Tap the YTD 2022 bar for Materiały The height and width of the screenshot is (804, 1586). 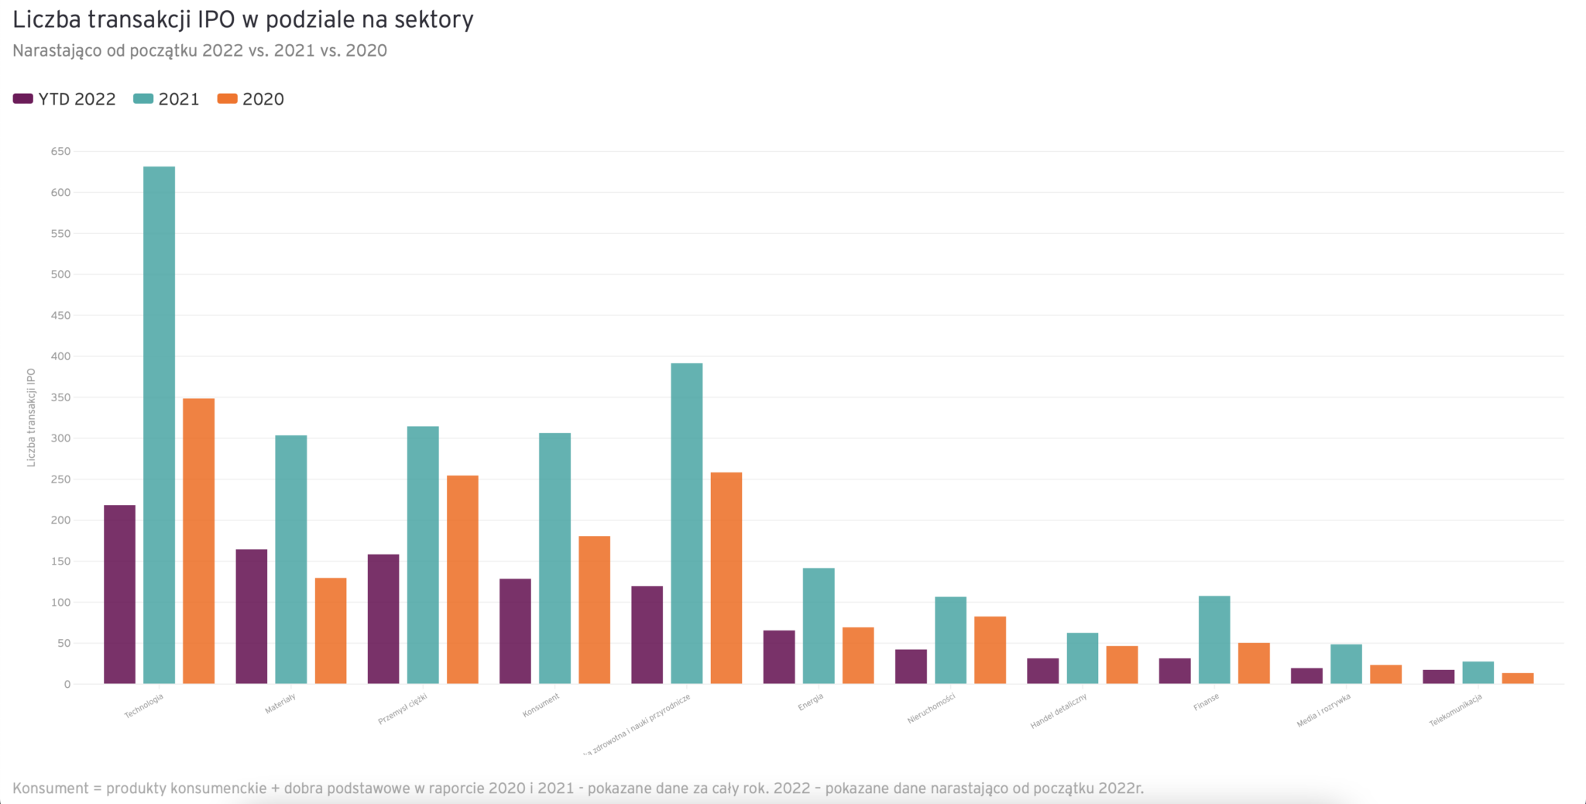tap(251, 617)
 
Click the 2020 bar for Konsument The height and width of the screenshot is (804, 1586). tap(594, 610)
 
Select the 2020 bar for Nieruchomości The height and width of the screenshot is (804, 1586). tap(990, 650)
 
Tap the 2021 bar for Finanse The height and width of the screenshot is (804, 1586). tap(1214, 640)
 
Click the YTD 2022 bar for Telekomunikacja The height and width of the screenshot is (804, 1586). tap(1438, 676)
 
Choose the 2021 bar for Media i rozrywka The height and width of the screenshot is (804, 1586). tap(1346, 664)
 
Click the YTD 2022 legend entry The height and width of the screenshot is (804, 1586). tap(65, 99)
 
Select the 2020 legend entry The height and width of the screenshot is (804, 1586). tap(251, 99)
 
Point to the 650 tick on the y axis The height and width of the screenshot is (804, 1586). tap(60, 152)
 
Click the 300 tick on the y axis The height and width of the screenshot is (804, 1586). tap(60, 438)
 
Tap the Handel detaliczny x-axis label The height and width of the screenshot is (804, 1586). tap(1059, 711)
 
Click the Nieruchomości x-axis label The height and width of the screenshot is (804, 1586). tap(932, 709)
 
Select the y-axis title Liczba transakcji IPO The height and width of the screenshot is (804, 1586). tap(32, 417)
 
